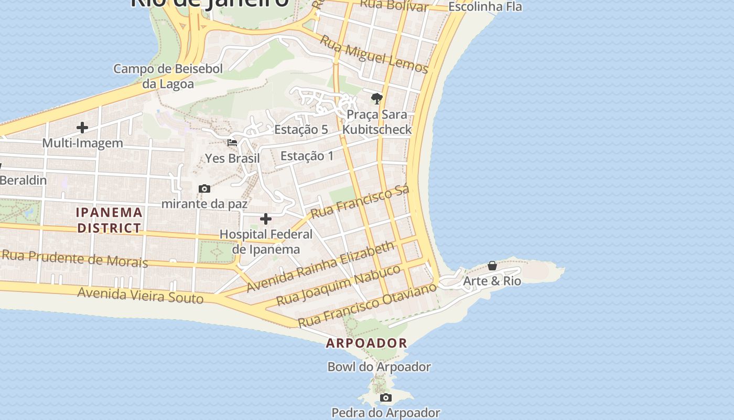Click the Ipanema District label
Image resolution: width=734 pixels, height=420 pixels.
click(109, 220)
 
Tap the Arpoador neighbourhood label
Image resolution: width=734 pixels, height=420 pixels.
click(366, 343)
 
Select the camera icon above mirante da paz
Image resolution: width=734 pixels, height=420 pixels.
click(204, 188)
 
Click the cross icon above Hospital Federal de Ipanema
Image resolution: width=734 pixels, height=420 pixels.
click(266, 218)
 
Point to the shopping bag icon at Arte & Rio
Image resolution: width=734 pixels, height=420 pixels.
click(492, 266)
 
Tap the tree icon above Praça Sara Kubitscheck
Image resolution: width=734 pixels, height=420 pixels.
click(376, 98)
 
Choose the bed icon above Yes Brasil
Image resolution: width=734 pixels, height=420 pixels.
click(232, 142)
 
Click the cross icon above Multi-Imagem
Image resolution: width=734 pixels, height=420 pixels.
click(82, 127)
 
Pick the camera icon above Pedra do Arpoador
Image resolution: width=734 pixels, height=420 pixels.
click(386, 397)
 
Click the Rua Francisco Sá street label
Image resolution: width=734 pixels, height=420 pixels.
click(360, 202)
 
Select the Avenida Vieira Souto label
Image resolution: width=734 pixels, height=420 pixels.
click(140, 295)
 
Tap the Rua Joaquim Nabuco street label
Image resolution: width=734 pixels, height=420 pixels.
click(338, 285)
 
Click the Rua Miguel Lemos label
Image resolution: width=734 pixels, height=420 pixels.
click(374, 55)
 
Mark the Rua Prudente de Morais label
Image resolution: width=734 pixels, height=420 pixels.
click(74, 258)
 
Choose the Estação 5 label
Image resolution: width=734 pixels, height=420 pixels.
click(301, 129)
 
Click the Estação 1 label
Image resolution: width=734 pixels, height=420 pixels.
click(307, 155)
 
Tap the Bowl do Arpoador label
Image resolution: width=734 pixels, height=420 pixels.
click(379, 367)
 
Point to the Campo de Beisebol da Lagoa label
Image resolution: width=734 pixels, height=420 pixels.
click(168, 76)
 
